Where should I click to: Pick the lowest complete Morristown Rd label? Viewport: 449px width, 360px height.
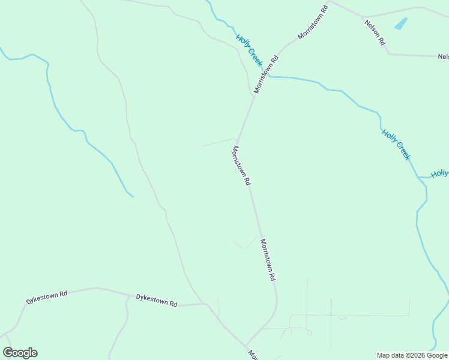[x=268, y=260]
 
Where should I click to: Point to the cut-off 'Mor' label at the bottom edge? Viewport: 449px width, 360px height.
[x=253, y=355]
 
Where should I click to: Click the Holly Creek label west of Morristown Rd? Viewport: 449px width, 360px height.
[x=249, y=50]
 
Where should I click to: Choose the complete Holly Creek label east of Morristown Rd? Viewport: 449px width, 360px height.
[x=396, y=145]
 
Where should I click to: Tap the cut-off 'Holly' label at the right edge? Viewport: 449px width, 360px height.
[x=439, y=174]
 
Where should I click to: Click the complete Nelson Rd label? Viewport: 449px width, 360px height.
[x=374, y=35]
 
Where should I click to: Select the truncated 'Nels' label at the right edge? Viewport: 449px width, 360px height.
[x=443, y=57]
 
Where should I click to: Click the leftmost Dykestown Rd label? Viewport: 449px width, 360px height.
[x=47, y=297]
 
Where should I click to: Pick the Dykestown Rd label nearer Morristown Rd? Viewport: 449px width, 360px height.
[x=156, y=300]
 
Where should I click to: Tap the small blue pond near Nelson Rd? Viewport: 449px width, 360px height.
[x=400, y=24]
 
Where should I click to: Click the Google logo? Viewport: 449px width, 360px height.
[x=20, y=353]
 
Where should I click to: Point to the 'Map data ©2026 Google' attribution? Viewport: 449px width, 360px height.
[x=412, y=355]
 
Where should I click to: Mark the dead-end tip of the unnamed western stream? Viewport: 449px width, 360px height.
[x=133, y=196]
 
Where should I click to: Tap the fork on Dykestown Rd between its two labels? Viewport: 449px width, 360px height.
[x=128, y=296]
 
